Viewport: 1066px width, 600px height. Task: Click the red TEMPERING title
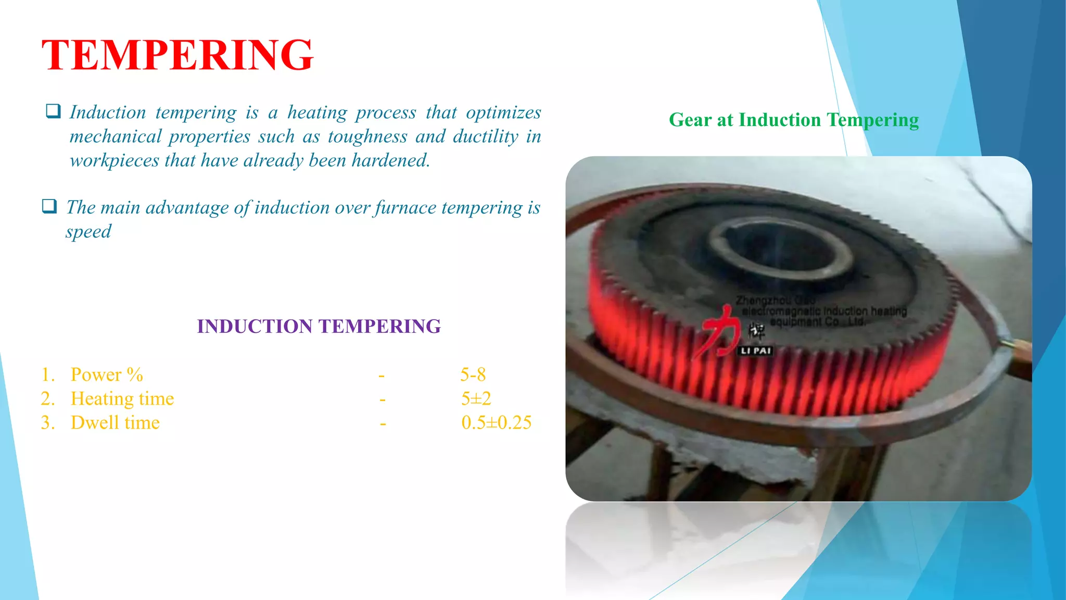pyautogui.click(x=177, y=55)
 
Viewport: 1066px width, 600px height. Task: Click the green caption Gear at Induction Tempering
pyautogui.click(x=793, y=120)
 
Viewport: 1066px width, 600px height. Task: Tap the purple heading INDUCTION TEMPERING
pyautogui.click(x=319, y=327)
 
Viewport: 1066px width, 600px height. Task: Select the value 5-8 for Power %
pyautogui.click(x=473, y=374)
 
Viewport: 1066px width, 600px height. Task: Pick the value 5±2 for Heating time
pyautogui.click(x=476, y=398)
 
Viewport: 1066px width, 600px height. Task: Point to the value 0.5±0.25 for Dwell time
pyautogui.click(x=496, y=422)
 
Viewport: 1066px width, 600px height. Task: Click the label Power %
pyautogui.click(x=107, y=374)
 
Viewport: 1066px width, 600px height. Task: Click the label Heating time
pyautogui.click(x=122, y=398)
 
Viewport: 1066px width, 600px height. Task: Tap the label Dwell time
pyautogui.click(x=115, y=422)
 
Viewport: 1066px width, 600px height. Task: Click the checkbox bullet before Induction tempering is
pyautogui.click(x=53, y=111)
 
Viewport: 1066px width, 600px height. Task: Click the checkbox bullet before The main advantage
pyautogui.click(x=49, y=206)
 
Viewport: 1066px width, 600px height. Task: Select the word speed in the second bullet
pyautogui.click(x=88, y=231)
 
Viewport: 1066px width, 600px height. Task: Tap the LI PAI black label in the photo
pyautogui.click(x=755, y=351)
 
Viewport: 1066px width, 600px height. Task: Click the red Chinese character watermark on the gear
pyautogui.click(x=720, y=331)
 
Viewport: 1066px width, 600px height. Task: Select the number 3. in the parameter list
pyautogui.click(x=48, y=422)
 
